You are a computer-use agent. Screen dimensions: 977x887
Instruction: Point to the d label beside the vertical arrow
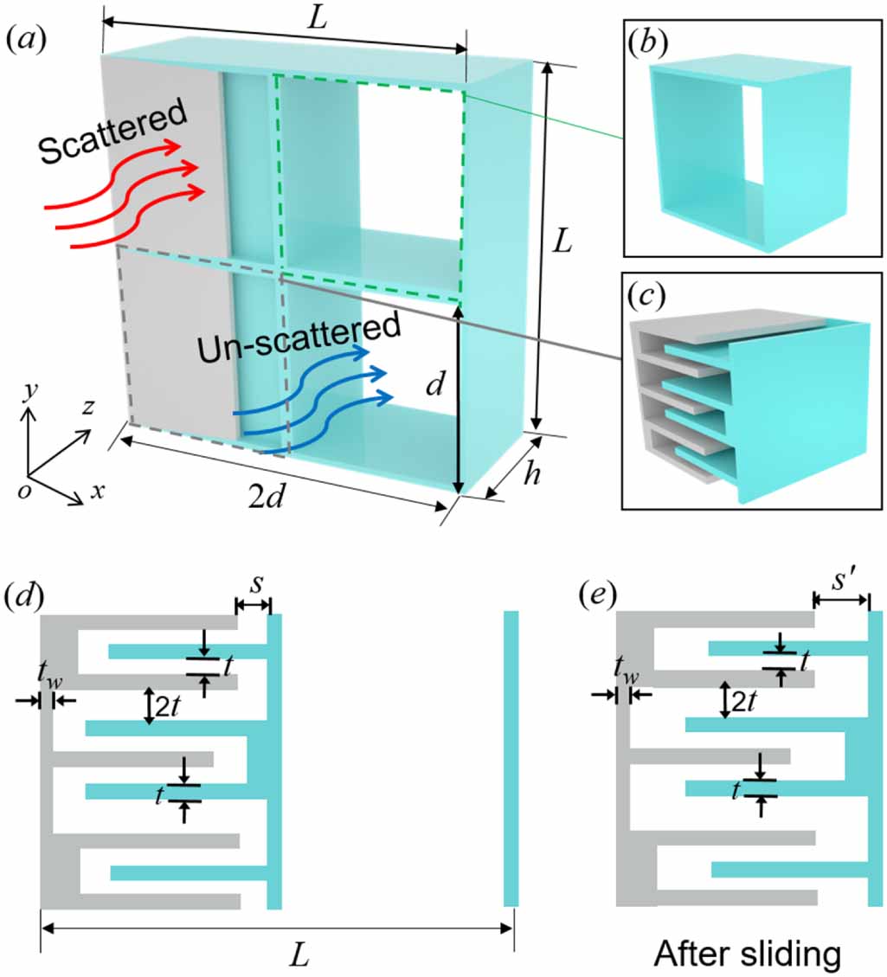coord(437,386)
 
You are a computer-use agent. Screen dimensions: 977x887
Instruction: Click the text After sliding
coord(747,953)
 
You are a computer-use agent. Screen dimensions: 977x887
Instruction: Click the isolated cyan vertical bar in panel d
coord(511,758)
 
